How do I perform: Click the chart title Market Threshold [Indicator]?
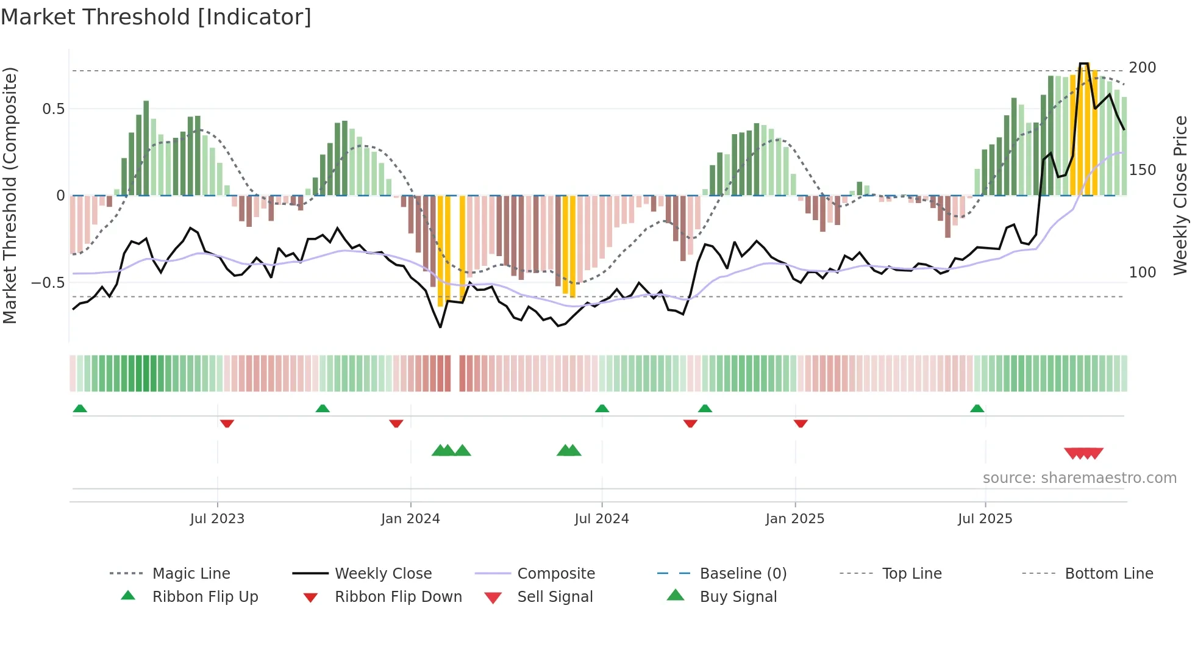pos(156,17)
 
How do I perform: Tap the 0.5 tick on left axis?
pos(53,109)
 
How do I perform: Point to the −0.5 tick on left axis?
pos(48,283)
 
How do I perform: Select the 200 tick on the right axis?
pos(1142,68)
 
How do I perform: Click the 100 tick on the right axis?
pos(1142,273)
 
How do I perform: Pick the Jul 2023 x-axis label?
pos(217,519)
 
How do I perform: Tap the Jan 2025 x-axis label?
pos(794,519)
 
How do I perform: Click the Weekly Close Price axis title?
pos(1180,195)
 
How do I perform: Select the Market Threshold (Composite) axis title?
pos(10,195)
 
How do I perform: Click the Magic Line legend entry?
pos(191,574)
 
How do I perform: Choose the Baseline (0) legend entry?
pos(743,574)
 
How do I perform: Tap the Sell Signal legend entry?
pos(554,597)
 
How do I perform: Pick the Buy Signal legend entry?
pos(738,597)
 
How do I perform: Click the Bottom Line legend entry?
pos(1108,574)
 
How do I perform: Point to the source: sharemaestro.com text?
pos(1079,478)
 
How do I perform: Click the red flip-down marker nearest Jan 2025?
pos(801,423)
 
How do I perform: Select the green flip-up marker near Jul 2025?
pos(977,409)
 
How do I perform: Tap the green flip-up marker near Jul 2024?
pos(602,409)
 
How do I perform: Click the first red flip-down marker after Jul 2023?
pos(227,423)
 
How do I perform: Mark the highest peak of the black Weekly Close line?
pos(1083,63)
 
